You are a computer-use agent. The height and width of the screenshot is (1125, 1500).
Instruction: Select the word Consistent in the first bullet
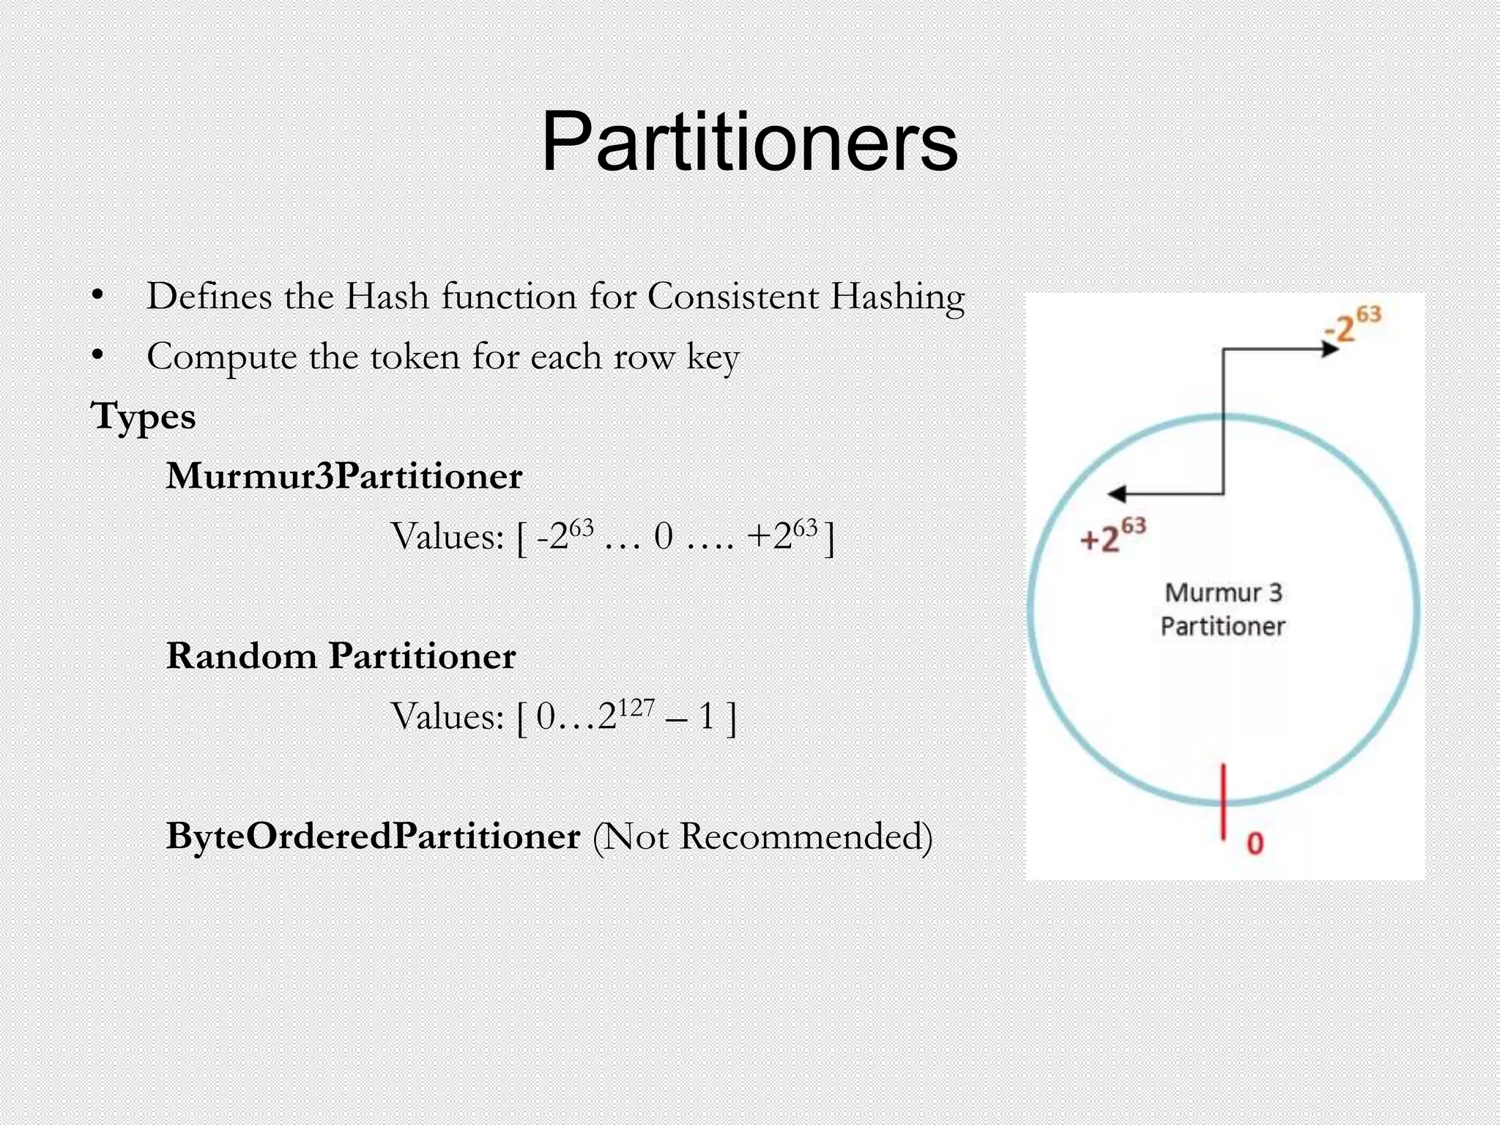pos(732,297)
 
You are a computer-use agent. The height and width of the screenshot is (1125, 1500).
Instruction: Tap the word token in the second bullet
pos(415,357)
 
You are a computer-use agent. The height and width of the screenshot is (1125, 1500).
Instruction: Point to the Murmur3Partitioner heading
pos(344,476)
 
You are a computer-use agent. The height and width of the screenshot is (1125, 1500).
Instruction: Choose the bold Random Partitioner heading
pos(341,656)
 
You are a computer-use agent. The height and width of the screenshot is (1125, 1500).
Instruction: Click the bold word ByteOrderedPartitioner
pos(374,836)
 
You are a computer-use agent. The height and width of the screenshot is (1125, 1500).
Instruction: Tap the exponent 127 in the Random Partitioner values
pos(636,708)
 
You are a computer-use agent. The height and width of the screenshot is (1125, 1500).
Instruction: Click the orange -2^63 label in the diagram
pos(1353,324)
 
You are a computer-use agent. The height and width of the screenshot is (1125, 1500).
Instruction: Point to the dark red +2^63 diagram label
pos(1113,535)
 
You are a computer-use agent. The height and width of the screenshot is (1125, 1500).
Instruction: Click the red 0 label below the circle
pos(1255,843)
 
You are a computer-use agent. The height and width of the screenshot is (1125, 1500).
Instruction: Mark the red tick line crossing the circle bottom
pos(1223,800)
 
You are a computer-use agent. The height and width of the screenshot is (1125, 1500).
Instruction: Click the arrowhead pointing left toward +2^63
pos(1117,494)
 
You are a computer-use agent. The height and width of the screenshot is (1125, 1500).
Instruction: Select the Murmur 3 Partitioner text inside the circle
pos(1223,609)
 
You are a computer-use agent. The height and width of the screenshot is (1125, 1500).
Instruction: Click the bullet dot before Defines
pos(97,296)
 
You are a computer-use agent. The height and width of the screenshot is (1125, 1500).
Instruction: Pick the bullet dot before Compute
pos(97,356)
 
